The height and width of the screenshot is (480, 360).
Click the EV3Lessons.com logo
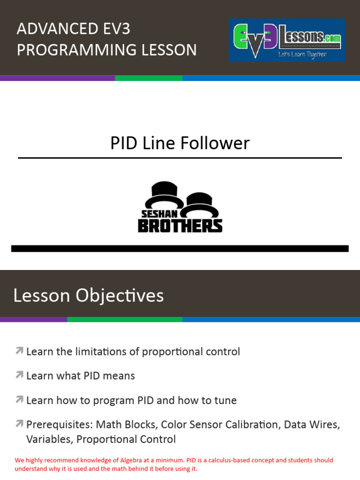[286, 40]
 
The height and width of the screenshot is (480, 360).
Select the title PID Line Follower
[180, 143]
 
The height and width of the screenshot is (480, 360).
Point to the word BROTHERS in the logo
[180, 226]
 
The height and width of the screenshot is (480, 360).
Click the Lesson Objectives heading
[89, 296]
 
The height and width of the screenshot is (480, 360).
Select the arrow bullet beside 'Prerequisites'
[19, 424]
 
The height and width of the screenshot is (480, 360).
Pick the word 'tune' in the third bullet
[225, 400]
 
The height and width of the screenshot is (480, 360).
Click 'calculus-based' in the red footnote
[238, 460]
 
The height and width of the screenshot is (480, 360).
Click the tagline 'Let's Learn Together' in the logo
[302, 54]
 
